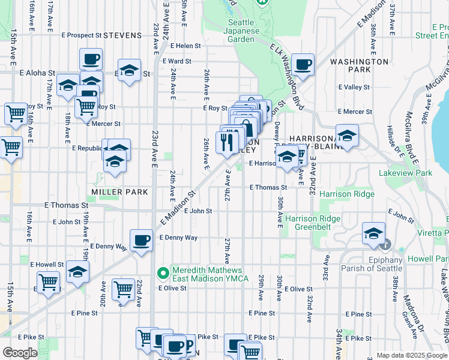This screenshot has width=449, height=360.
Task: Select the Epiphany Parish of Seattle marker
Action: (x=385, y=245)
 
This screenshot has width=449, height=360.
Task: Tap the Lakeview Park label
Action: (x=405, y=173)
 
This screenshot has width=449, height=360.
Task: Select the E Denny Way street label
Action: (x=178, y=238)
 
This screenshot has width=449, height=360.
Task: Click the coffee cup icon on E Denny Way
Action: (x=140, y=240)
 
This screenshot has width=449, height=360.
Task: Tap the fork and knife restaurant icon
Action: (x=226, y=142)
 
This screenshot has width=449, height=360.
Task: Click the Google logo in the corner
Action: (x=20, y=353)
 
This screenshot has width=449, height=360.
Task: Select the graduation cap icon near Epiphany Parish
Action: (x=373, y=233)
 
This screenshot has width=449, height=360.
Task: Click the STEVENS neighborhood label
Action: (x=122, y=35)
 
